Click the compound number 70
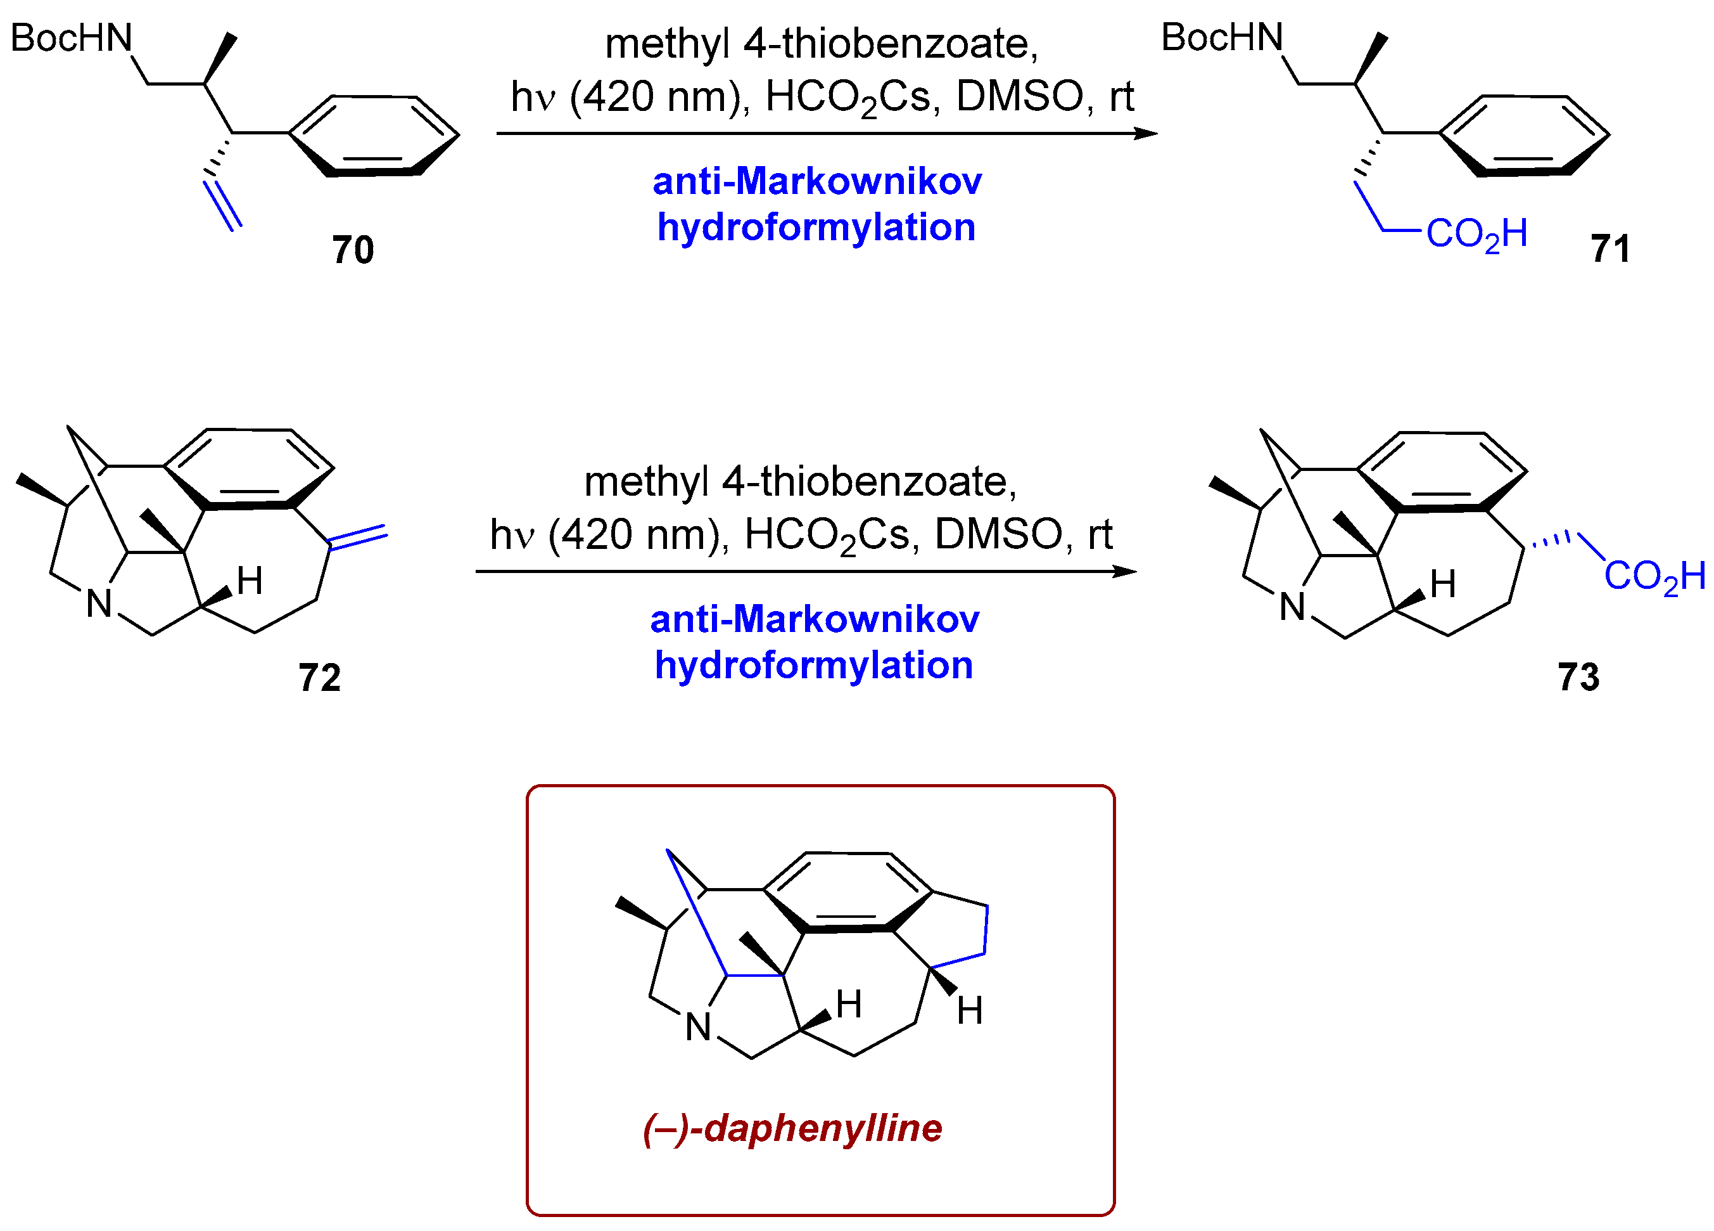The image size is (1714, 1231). tap(352, 250)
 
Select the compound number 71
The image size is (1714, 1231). tap(1609, 248)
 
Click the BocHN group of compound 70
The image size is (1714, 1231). tap(71, 38)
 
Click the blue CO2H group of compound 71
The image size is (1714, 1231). tap(1476, 233)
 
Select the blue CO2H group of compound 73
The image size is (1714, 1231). tap(1654, 576)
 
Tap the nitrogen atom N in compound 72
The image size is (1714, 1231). tap(99, 603)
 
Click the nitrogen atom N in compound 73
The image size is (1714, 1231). tap(1292, 607)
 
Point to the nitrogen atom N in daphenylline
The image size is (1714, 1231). tap(697, 1027)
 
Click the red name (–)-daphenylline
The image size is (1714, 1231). tap(792, 1128)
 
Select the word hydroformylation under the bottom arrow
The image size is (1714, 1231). tap(813, 666)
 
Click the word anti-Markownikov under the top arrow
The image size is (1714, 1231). tap(816, 181)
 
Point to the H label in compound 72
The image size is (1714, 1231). tap(250, 581)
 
